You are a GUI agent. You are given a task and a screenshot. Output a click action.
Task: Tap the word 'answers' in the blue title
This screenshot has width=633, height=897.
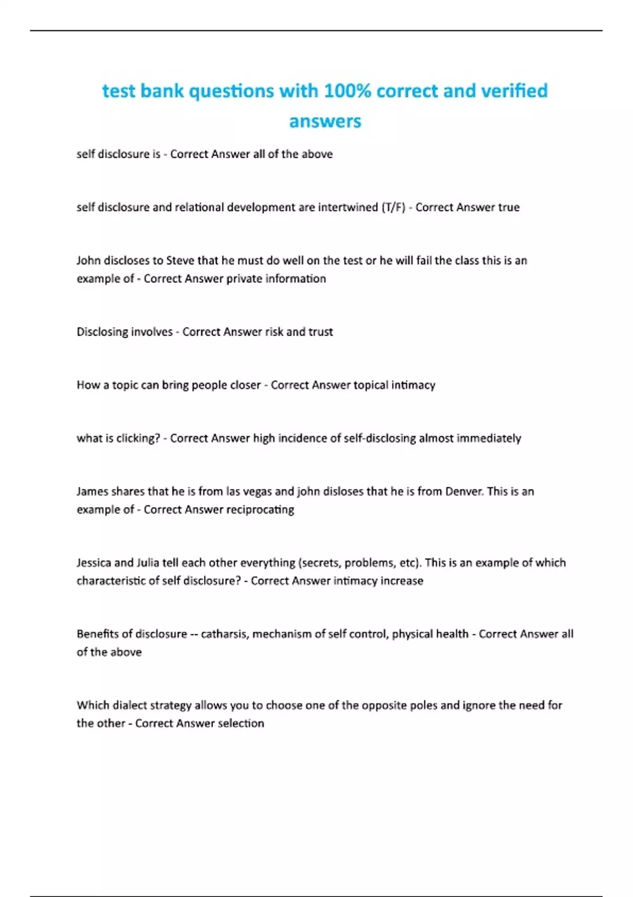pos(325,121)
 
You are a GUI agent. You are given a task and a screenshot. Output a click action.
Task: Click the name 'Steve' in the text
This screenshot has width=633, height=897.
pos(180,260)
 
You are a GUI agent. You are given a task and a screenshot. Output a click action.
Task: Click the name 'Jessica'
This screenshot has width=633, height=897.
pos(93,562)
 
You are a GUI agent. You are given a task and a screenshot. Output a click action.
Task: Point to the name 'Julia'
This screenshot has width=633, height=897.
pos(148,562)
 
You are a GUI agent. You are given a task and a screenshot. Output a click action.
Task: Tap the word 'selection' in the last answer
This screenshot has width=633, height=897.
pos(241,723)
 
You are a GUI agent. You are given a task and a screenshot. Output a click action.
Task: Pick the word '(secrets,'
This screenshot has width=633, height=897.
pos(320,562)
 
